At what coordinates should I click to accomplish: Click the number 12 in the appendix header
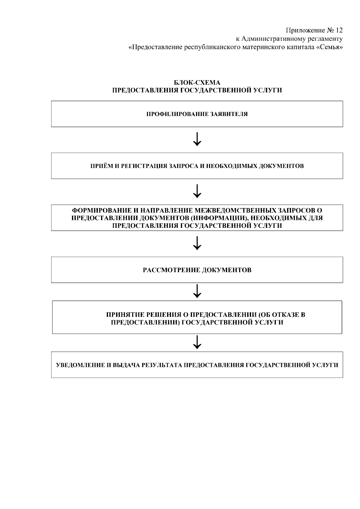point(339,30)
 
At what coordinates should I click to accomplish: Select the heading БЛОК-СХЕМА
point(197,82)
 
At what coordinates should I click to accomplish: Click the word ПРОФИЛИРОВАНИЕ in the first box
point(177,114)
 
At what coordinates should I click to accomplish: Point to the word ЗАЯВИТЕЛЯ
point(229,114)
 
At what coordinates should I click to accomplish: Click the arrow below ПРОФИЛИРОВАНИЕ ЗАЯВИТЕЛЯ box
point(197,139)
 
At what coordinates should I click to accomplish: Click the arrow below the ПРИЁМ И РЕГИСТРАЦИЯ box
point(197,191)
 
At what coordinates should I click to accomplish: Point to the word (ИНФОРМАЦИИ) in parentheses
point(219,218)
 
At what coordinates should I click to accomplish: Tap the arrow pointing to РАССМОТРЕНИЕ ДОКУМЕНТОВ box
point(197,243)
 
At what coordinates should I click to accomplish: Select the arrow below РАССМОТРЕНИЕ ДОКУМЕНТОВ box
point(197,291)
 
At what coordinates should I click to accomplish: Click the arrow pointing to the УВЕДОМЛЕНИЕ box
point(197,342)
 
